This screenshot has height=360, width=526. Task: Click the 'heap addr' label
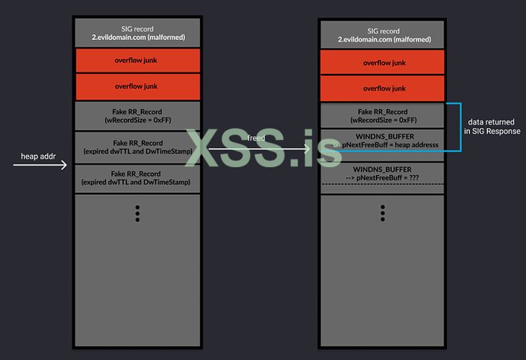[x=34, y=155]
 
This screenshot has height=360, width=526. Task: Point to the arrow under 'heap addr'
[x=40, y=165]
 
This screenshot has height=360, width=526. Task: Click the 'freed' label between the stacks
[x=257, y=137]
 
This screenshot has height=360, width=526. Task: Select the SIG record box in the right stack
[x=382, y=36]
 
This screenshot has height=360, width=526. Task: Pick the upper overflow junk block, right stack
[x=382, y=62]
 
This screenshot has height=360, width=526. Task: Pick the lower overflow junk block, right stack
[x=382, y=88]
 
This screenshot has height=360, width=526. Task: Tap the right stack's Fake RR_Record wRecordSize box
[x=382, y=116]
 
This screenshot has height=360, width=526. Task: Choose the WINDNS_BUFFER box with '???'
[x=382, y=172]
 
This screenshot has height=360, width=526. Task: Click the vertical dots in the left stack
[x=136, y=213]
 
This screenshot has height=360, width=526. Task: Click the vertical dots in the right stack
[x=382, y=213]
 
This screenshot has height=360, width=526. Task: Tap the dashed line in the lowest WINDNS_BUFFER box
[x=382, y=184]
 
